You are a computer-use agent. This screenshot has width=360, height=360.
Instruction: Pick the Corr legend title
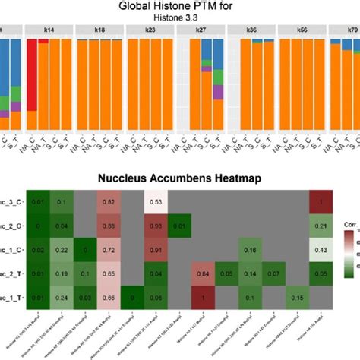(x=349, y=226)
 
